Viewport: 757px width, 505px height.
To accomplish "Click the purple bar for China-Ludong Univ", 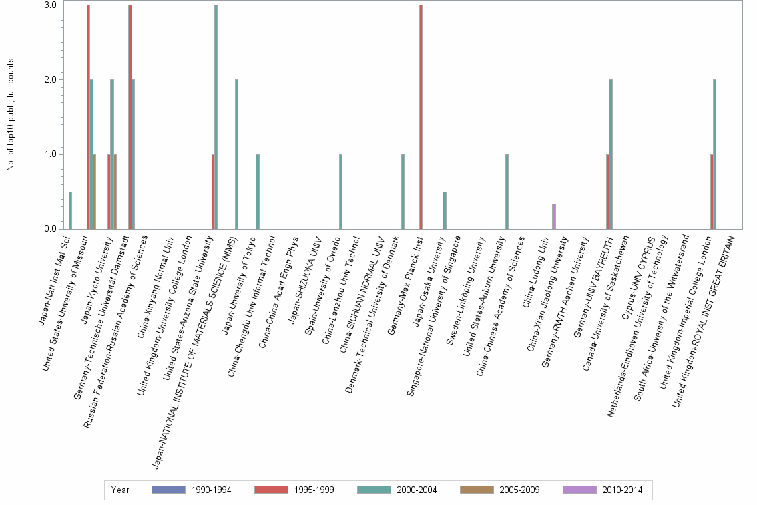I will (x=554, y=216).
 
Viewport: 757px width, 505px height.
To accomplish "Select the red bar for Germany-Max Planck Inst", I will (x=421, y=117).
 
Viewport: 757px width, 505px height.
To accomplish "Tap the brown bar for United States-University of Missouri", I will (x=95, y=192).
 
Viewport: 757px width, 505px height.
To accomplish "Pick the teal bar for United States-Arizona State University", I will (x=216, y=117).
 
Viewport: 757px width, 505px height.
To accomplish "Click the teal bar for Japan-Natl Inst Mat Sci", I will (x=70, y=210).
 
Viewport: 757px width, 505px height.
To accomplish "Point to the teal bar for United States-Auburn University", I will (x=507, y=192).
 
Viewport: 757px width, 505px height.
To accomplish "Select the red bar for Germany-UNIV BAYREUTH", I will (x=607, y=192).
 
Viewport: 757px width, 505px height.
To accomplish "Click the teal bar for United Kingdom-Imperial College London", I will (x=715, y=154).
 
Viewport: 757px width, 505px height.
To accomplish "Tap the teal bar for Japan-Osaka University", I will (x=445, y=210).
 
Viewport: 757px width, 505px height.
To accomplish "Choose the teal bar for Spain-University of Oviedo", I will (x=340, y=192).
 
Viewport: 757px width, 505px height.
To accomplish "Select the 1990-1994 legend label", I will (x=211, y=490).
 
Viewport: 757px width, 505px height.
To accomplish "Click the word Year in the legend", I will (x=120, y=490).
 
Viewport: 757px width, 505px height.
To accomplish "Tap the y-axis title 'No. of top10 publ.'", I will (x=11, y=114).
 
